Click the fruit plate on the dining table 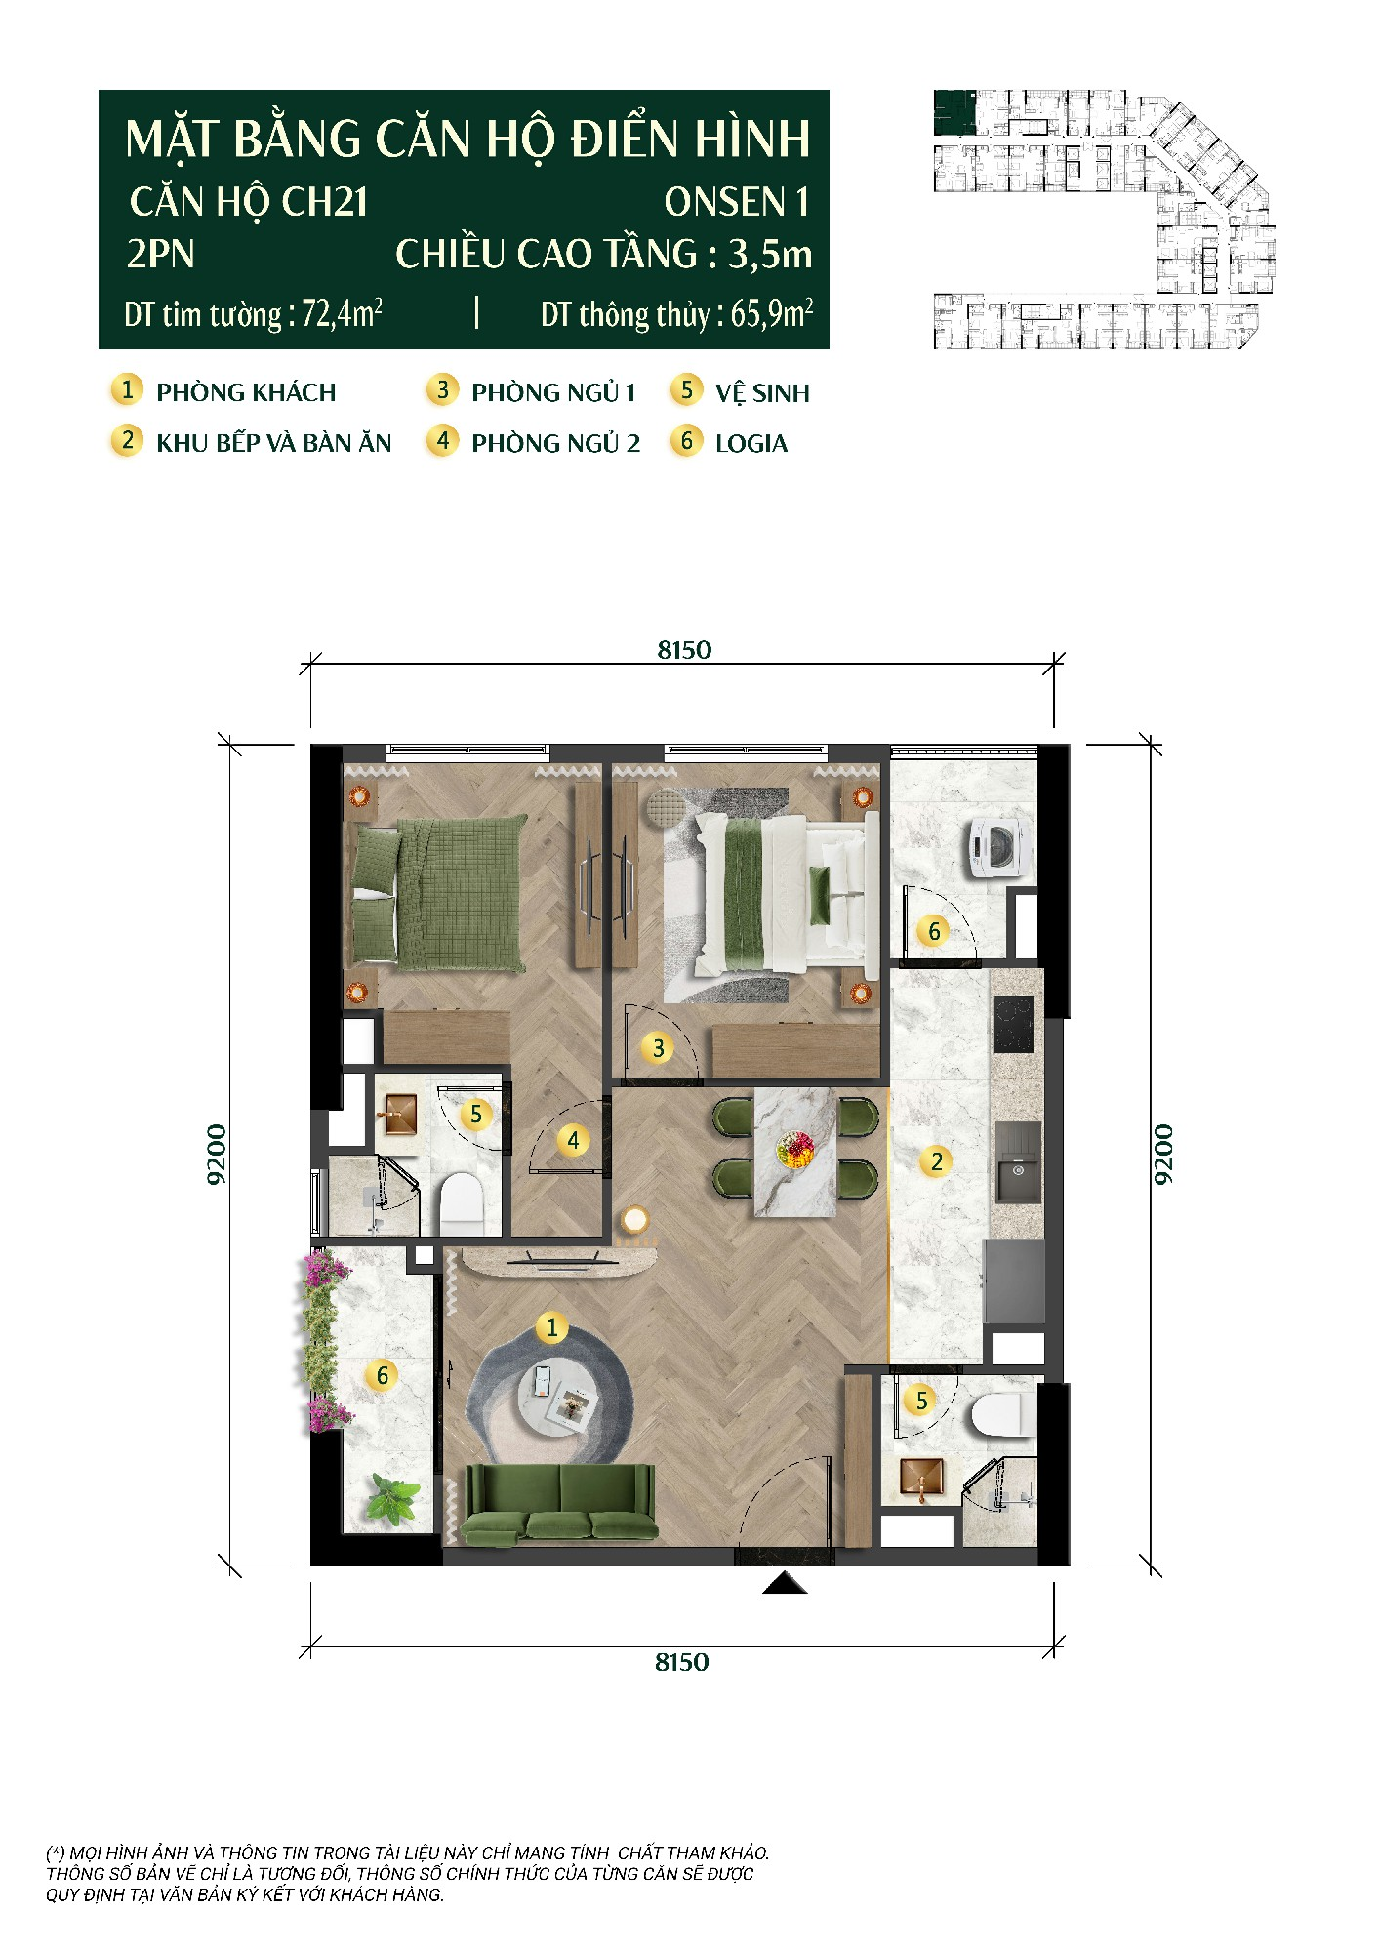pos(795,1149)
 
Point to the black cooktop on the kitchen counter pos(1014,1024)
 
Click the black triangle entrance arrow pos(785,1583)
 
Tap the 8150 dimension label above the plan pos(684,650)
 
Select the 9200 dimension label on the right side pos(1163,1155)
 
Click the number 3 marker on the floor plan pos(659,1048)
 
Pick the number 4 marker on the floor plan pos(573,1140)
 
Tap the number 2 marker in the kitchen pos(937,1160)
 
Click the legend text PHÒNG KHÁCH pos(246,392)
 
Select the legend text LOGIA pos(751,443)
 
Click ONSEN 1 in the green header pos(737,202)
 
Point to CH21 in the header pos(325,202)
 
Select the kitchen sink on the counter pos(1015,1162)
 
